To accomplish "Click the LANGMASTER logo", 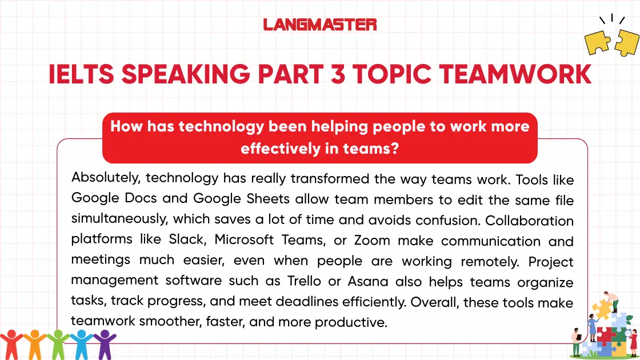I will [320, 25].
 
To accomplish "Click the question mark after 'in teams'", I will [395, 149].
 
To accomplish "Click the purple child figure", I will [104, 343].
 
